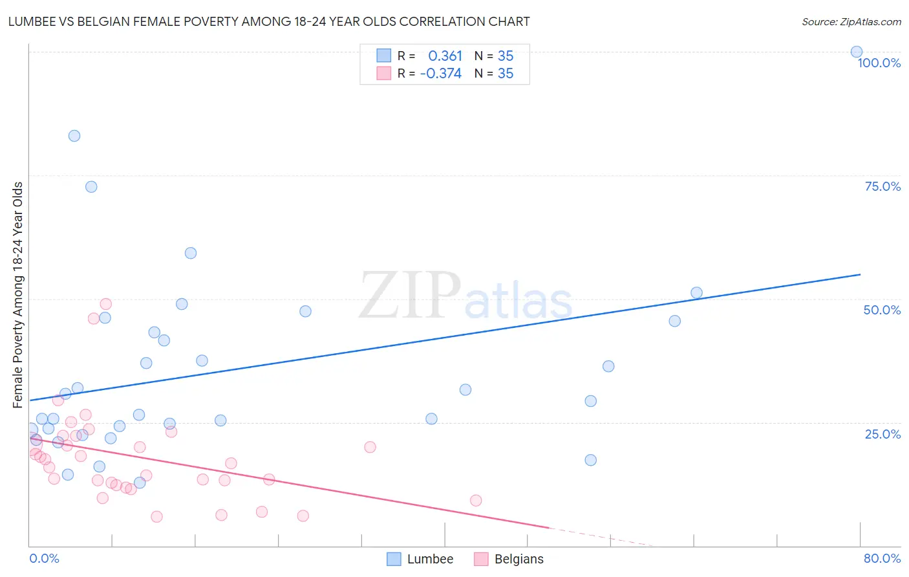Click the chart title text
pyautogui.click(x=269, y=22)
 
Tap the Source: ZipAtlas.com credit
pyautogui.click(x=851, y=22)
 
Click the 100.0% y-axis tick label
pyautogui.click(x=879, y=63)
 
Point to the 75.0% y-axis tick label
pyautogui.click(x=882, y=186)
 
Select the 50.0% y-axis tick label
pyautogui.click(x=882, y=310)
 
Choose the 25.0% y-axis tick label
pyautogui.click(x=882, y=433)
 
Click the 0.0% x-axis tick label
pyautogui.click(x=44, y=558)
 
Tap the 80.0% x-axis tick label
pyautogui.click(x=882, y=558)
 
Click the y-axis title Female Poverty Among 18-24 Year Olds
pyautogui.click(x=18, y=295)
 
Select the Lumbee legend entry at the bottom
pyautogui.click(x=420, y=559)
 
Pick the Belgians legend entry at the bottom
pyautogui.click(x=509, y=559)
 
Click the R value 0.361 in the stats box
pyautogui.click(x=445, y=56)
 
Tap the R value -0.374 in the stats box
pyautogui.click(x=441, y=74)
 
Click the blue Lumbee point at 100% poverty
pyautogui.click(x=856, y=52)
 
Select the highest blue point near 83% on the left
pyautogui.click(x=74, y=136)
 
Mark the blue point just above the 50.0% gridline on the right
pyautogui.click(x=696, y=293)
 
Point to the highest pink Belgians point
pyautogui.click(x=106, y=304)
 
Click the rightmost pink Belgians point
pyautogui.click(x=476, y=500)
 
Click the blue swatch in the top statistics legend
pyautogui.click(x=384, y=56)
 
